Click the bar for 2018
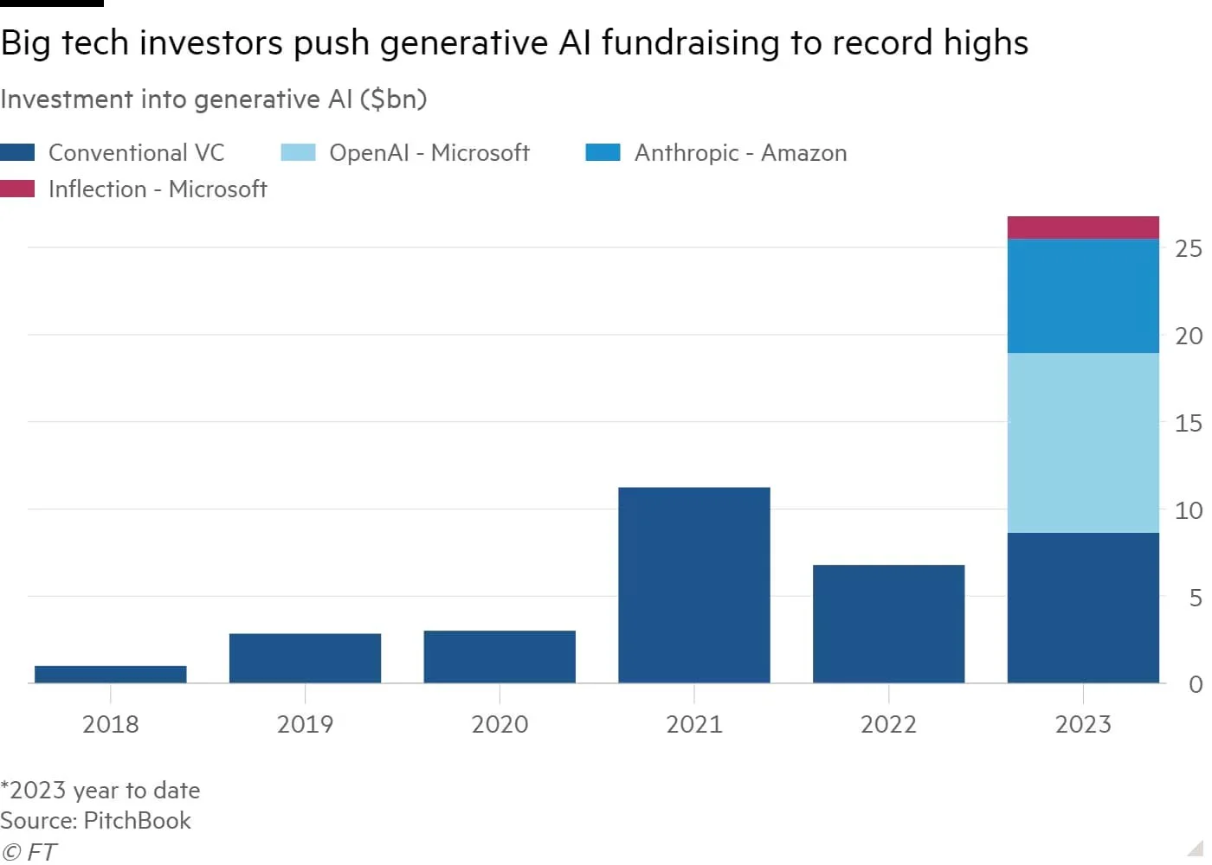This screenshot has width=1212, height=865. click(111, 674)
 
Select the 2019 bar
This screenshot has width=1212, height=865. click(305, 658)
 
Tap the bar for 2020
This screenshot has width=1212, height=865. click(500, 657)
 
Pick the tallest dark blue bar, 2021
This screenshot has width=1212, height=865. click(694, 585)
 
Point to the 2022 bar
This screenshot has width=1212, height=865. click(888, 624)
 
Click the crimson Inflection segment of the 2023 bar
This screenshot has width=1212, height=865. click(1083, 227)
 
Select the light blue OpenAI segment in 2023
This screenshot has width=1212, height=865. click(1083, 442)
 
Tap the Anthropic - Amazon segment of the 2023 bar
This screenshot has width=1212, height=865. click(1083, 296)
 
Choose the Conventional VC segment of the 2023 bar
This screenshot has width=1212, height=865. click(1083, 607)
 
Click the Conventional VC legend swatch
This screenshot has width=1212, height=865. click(17, 153)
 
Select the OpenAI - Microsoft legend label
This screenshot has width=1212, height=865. click(429, 153)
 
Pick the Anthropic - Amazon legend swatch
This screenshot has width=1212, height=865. click(603, 153)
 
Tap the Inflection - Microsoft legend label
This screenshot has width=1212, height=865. click(158, 189)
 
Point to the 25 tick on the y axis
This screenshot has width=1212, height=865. click(1189, 249)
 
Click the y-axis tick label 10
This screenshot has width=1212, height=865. click(1189, 510)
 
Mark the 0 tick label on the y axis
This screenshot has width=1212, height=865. click(1196, 684)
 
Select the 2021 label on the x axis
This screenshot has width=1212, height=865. click(694, 724)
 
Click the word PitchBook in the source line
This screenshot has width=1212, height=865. click(137, 820)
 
